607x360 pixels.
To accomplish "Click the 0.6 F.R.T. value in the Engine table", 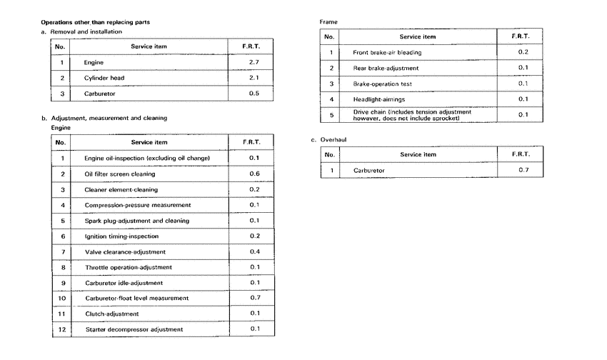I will (x=254, y=174).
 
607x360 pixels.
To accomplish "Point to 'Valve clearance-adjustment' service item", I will (x=125, y=251).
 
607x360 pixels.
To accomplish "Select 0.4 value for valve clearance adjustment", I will (x=254, y=251).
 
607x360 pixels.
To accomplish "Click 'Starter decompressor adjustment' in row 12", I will (x=134, y=329).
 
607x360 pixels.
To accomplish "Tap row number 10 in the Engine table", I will (x=61, y=298).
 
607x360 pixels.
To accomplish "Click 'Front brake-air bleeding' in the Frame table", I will (x=387, y=52).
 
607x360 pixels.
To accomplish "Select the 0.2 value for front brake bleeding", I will (x=522, y=52).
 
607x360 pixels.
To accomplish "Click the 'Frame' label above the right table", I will (x=328, y=23).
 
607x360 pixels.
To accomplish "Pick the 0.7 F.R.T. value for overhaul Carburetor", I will (x=522, y=171).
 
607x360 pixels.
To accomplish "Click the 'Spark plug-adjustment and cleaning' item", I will (x=136, y=221).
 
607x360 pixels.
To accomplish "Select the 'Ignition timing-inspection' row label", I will (x=121, y=236).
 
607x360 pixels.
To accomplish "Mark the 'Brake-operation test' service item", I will (x=382, y=84).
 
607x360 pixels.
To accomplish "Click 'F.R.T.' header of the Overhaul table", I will (x=522, y=154).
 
